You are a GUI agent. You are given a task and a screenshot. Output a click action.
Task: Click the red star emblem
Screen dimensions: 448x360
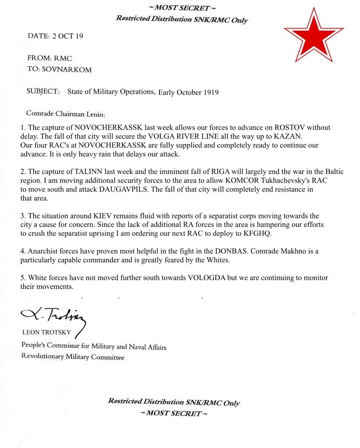(313, 35)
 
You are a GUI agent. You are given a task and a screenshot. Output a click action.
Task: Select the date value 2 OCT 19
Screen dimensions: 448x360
(68, 36)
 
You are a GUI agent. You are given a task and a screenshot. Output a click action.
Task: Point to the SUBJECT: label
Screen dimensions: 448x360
(43, 91)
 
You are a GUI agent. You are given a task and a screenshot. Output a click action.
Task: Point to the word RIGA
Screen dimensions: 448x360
(223, 172)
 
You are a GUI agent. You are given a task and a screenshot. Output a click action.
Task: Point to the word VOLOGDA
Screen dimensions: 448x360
(211, 278)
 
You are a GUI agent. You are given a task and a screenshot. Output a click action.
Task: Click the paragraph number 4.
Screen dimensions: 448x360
(22, 251)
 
